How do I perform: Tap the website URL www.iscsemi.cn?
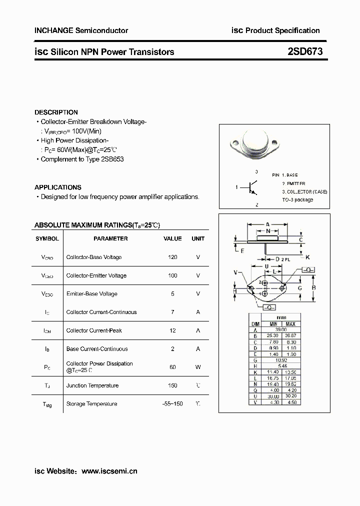pos(109,470)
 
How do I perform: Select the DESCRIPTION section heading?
pos(56,112)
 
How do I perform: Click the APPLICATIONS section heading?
pos(58,187)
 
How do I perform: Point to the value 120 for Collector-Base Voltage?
pos(173,257)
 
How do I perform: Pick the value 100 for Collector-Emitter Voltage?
pos(173,275)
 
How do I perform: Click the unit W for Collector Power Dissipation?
pos(198,367)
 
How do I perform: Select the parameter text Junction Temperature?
pos(92,385)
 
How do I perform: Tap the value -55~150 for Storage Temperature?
pos(173,403)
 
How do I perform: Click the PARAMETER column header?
pos(110,238)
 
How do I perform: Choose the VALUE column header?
pos(173,238)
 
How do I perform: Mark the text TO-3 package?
pos(297,199)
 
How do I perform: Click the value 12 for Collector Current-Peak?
pos(173,330)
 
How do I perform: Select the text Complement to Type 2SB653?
pos(82,159)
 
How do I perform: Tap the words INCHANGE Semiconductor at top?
pos(81,30)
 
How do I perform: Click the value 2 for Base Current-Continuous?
pos(173,349)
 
